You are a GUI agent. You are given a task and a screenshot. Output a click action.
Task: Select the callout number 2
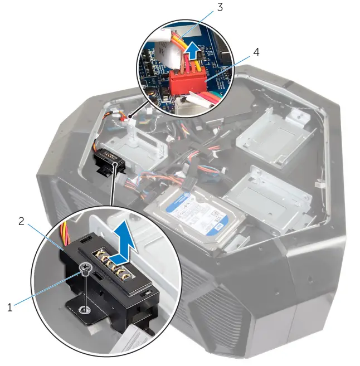pyautogui.click(x=22, y=222)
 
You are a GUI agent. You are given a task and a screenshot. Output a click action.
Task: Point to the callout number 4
pyautogui.click(x=256, y=52)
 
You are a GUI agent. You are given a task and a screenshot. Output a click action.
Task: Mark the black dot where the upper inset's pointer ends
pyautogui.click(x=129, y=118)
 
